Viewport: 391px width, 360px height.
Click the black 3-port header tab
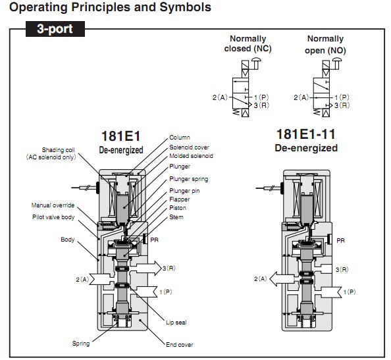[55, 29]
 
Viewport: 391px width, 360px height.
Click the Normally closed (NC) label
[248, 43]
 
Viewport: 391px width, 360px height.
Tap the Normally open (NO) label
[325, 44]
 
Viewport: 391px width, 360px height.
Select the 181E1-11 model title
[306, 134]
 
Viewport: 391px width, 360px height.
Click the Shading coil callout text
[51, 153]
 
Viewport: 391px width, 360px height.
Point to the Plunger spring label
[188, 179]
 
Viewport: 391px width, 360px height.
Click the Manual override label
[53, 205]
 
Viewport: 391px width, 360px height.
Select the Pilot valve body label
[53, 217]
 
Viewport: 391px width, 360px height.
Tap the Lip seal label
[176, 322]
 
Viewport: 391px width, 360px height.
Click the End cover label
[179, 345]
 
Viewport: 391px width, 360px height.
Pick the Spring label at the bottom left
[81, 344]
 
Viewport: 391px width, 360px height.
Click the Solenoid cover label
[189, 147]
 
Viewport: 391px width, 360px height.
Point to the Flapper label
[180, 199]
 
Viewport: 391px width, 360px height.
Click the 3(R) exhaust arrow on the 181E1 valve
[149, 269]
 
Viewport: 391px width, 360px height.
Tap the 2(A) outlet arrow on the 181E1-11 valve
[282, 279]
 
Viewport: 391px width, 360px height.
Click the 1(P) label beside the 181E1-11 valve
[350, 292]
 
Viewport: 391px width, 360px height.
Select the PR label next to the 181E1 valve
[154, 240]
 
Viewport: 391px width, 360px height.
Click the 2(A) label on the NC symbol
[220, 97]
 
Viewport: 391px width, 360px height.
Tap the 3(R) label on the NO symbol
[342, 105]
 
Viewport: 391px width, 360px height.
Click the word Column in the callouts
[180, 138]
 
